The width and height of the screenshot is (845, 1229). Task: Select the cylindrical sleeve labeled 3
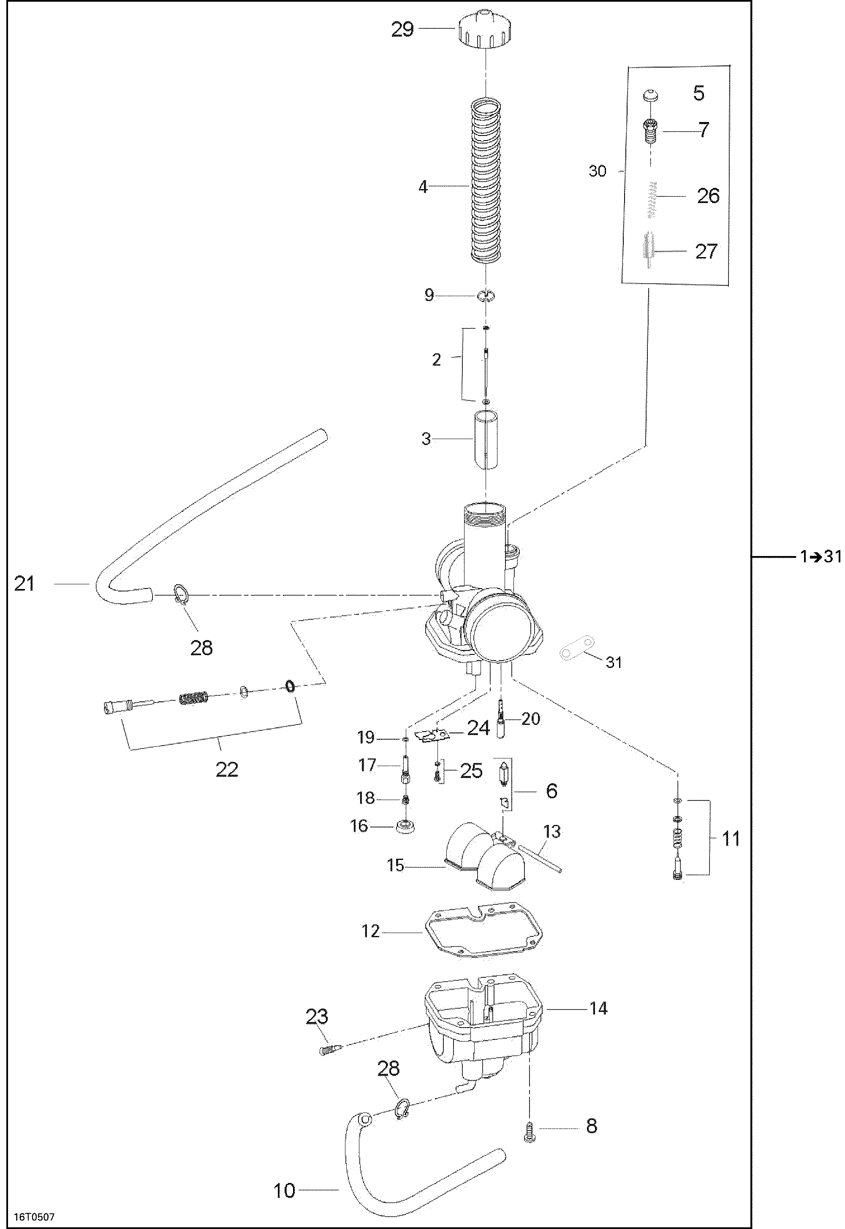point(486,440)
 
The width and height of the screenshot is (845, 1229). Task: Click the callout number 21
point(24,584)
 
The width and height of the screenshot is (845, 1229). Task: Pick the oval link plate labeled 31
point(576,647)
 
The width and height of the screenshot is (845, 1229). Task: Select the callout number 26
point(708,196)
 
